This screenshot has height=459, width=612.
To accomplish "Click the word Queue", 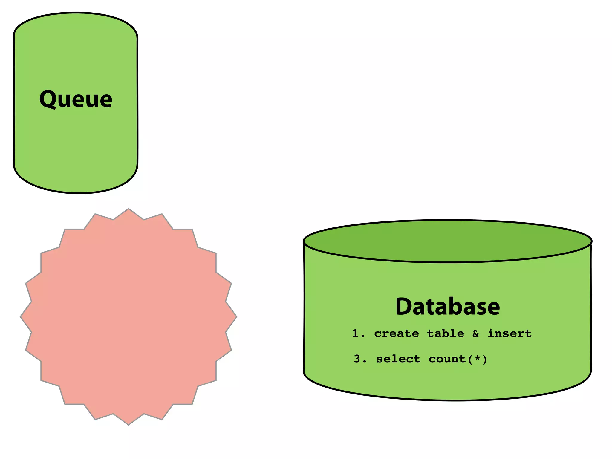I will pyautogui.click(x=76, y=99).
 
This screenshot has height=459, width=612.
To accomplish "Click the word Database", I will pyautogui.click(x=447, y=307).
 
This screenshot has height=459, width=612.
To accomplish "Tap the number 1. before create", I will pyautogui.click(x=358, y=333).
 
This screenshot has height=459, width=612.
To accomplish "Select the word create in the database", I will pyautogui.click(x=396, y=333).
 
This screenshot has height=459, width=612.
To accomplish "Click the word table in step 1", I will pyautogui.click(x=446, y=333).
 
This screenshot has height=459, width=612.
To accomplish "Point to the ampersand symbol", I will pyautogui.click(x=476, y=333).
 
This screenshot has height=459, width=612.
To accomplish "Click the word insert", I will pyautogui.click(x=510, y=333).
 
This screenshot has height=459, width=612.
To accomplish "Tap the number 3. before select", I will pyautogui.click(x=360, y=359).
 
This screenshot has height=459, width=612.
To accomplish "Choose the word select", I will pyautogui.click(x=398, y=359).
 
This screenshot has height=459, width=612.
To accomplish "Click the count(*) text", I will pyautogui.click(x=458, y=359).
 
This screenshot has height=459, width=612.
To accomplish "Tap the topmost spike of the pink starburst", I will pyautogui.click(x=128, y=210).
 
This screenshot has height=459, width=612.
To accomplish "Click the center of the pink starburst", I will pyautogui.click(x=128, y=316).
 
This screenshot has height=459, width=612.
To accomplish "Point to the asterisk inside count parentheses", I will pyautogui.click(x=477, y=358).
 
